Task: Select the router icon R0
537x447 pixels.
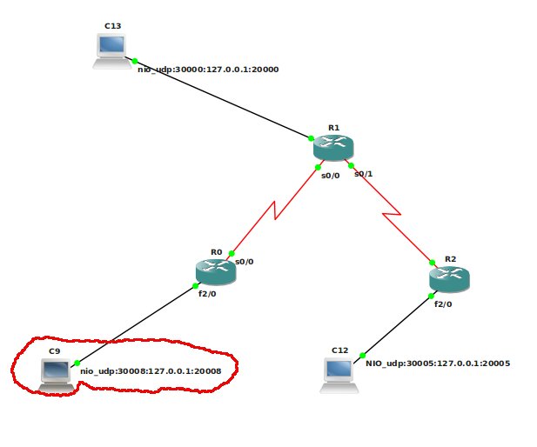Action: [216, 271]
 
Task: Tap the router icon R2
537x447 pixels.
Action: [449, 278]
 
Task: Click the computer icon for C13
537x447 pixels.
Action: [112, 50]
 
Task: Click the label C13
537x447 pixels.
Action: [112, 26]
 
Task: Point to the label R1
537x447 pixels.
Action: [333, 128]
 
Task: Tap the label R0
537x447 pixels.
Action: [216, 251]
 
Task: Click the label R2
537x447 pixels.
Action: [450, 259]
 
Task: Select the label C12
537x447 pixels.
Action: [339, 350]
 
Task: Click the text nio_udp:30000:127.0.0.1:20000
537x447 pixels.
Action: [208, 69]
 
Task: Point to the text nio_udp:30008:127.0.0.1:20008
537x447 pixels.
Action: [151, 371]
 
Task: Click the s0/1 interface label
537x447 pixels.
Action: [364, 174]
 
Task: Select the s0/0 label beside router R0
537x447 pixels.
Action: [245, 261]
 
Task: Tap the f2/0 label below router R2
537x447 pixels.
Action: [443, 304]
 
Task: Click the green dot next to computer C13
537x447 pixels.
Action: [135, 61]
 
